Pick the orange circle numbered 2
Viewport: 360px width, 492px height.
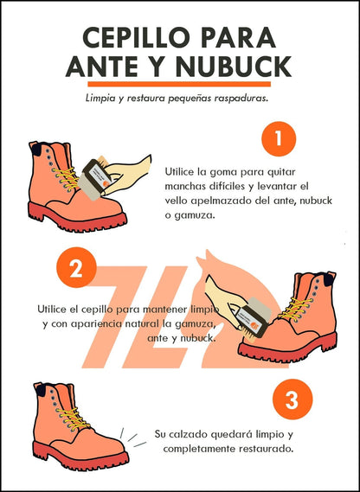point(76,269)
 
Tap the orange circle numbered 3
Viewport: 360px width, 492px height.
point(292,399)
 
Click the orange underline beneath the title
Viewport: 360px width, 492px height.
point(179,85)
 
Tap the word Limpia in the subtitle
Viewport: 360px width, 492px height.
point(102,99)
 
